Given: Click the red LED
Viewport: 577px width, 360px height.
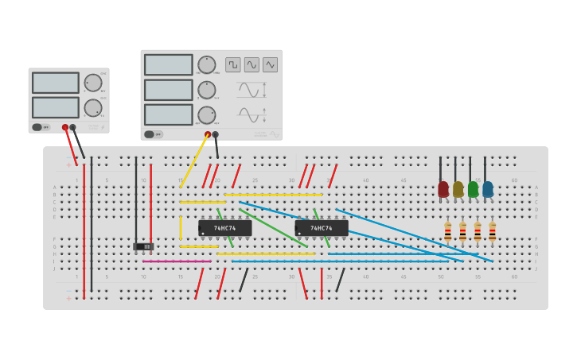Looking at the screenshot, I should pos(443,189).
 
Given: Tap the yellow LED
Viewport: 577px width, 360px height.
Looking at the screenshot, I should pos(458,189).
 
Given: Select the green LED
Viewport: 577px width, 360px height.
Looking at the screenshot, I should pos(473,189).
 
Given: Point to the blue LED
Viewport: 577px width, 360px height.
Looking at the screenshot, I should pos(488,189).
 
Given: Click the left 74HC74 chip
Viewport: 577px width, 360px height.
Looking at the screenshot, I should pos(224,228).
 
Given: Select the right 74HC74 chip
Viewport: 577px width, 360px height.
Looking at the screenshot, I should pos(322,228).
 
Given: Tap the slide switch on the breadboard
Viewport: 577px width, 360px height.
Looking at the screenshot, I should pos(143,246).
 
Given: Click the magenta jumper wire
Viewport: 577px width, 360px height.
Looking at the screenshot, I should pos(177,261).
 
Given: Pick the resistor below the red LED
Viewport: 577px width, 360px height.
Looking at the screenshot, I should pos(447,231).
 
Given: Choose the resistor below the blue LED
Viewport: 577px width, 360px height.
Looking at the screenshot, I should pos(492,231).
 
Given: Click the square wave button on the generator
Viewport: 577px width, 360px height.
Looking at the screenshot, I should pos(232,64).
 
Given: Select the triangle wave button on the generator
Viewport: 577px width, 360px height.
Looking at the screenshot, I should pos(270,64).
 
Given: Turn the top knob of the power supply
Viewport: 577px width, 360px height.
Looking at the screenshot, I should pos(93,83).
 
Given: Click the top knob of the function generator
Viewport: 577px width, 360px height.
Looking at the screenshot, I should pos(206,64).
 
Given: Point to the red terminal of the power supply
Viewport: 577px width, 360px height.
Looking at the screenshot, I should pos(65,127).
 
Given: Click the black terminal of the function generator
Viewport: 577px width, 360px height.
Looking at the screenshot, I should pos(215,134).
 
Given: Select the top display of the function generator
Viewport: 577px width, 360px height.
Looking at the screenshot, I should pos(168,64).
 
